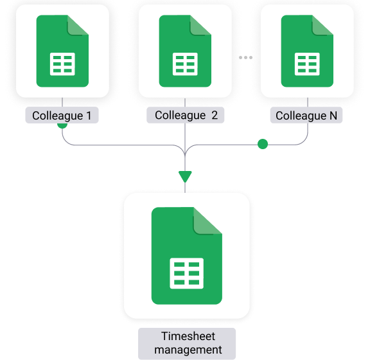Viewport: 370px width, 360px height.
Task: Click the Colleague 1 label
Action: click(62, 115)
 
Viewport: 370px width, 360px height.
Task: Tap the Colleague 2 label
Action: click(186, 115)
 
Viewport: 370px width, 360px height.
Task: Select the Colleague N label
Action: click(306, 115)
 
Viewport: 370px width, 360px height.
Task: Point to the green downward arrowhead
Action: click(185, 176)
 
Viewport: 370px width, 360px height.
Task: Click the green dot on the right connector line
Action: click(263, 144)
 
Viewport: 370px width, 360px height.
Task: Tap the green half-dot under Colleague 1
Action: click(62, 125)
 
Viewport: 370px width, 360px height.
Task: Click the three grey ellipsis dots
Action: click(245, 57)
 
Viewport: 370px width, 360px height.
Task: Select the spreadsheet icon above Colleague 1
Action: click(62, 51)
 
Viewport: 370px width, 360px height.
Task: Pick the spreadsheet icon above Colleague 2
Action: click(185, 51)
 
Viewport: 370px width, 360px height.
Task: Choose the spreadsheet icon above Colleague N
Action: click(307, 51)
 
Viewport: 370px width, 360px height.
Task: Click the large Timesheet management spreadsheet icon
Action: click(187, 256)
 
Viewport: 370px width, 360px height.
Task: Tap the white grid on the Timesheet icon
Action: click(187, 273)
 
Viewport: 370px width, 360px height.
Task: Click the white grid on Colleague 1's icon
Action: click(62, 64)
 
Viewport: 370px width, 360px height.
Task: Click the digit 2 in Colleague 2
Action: click(215, 115)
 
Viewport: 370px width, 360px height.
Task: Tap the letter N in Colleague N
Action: click(333, 116)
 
